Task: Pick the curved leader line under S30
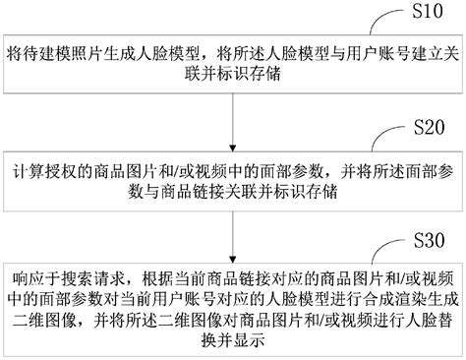[x=387, y=253]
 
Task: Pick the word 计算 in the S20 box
[x=27, y=164]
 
